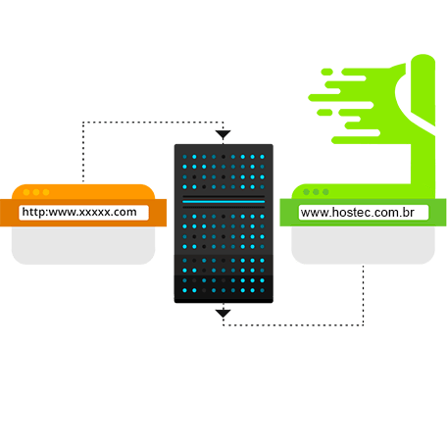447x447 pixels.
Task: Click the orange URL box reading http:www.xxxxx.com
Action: (83, 213)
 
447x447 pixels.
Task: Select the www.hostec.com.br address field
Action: (364, 213)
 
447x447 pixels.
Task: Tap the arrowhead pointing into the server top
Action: (223, 134)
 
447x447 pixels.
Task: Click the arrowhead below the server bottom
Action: (223, 314)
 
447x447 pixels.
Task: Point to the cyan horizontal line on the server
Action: (223, 202)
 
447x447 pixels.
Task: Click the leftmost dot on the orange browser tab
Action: (26, 192)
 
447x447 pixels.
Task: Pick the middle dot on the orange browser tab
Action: (36, 192)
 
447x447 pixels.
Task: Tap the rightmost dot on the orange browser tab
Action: (46, 192)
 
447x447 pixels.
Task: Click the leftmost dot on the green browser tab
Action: (306, 192)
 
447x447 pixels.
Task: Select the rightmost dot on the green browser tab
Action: (325, 192)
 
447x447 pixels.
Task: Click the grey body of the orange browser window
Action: (83, 245)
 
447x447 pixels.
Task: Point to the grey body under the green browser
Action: (363, 245)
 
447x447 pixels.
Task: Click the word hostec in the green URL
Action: (346, 213)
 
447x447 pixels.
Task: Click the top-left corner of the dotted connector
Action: (83, 123)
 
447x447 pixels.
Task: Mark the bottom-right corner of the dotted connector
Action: (363, 324)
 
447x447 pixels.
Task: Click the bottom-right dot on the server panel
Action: (262, 290)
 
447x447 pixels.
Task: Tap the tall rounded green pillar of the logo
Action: (423, 90)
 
